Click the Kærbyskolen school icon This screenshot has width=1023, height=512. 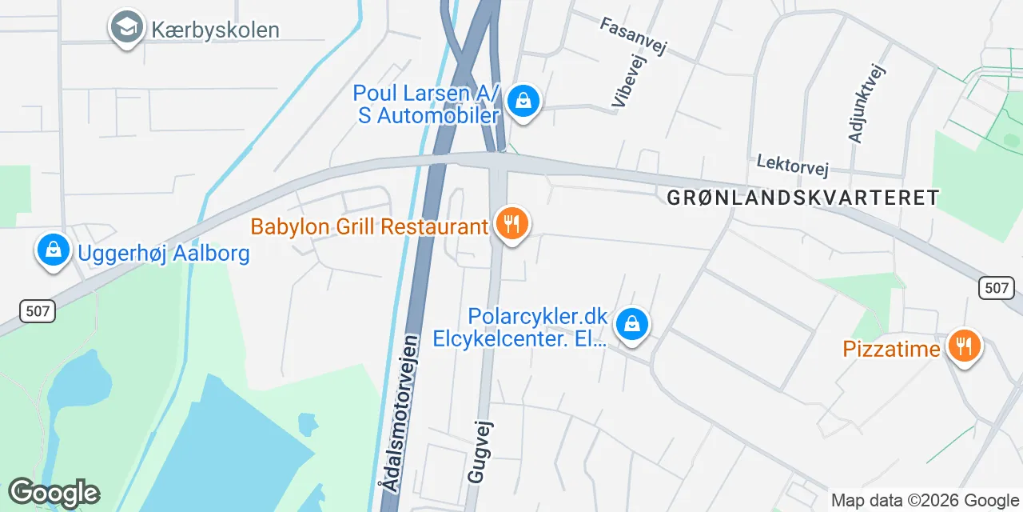[x=126, y=27]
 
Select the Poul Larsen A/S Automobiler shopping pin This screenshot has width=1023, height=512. [x=523, y=102]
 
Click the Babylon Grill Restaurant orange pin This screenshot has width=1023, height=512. [x=511, y=223]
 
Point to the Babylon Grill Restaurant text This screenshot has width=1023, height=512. [x=369, y=226]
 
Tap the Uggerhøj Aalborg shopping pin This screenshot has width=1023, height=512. [x=53, y=250]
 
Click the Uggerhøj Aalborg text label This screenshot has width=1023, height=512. [x=164, y=254]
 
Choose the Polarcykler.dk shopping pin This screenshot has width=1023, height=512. [x=632, y=324]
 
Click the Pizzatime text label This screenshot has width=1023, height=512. [x=891, y=349]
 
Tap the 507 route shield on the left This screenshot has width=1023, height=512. [x=37, y=310]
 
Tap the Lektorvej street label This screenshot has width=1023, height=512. [x=793, y=166]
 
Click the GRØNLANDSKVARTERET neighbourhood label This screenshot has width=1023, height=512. [x=802, y=198]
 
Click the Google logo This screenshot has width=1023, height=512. [x=54, y=493]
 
